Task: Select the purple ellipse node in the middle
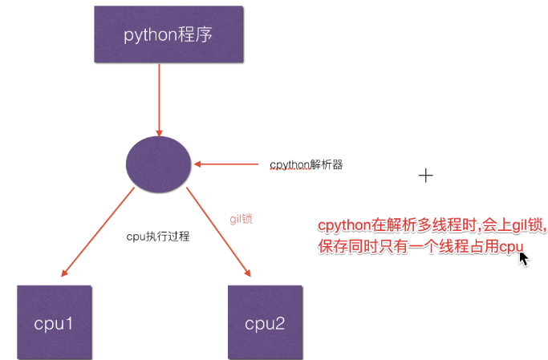tap(159, 164)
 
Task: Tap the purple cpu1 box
tap(53, 322)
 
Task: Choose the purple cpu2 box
tap(265, 322)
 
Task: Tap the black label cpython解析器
tap(306, 164)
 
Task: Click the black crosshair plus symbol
tap(426, 176)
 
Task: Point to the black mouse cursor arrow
tap(523, 258)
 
